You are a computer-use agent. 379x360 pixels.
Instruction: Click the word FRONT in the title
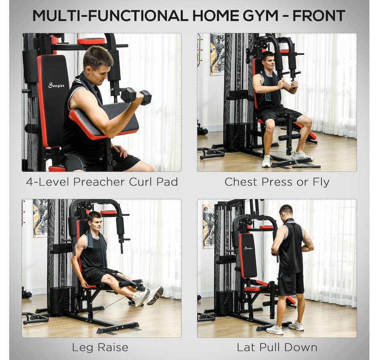(x=319, y=16)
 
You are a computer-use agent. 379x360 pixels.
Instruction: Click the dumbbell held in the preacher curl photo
(x=136, y=96)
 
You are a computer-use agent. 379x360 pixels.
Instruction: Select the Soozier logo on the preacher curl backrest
(x=56, y=85)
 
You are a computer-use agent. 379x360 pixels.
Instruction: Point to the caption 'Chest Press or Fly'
(x=276, y=182)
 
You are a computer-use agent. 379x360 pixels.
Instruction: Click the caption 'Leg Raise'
(x=100, y=347)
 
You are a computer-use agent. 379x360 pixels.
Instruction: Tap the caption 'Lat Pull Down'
(x=277, y=347)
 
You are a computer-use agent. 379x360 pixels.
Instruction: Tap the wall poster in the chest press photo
(x=217, y=54)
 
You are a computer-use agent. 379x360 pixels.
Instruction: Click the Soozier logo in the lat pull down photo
(x=248, y=248)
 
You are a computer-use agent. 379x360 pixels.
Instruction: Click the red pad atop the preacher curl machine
(x=91, y=41)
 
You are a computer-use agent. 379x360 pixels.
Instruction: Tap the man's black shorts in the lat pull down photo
(x=290, y=283)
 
